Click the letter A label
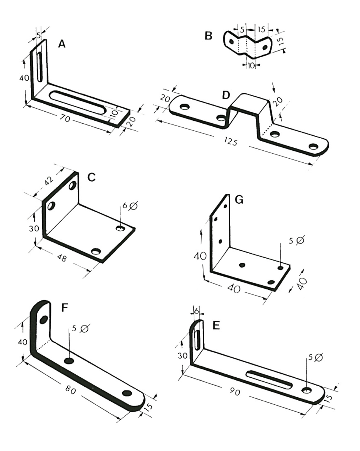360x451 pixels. tap(62, 44)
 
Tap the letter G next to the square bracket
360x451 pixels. tap(238, 200)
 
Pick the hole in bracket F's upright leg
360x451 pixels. tap(44, 319)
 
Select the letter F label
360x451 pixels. tap(64, 308)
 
